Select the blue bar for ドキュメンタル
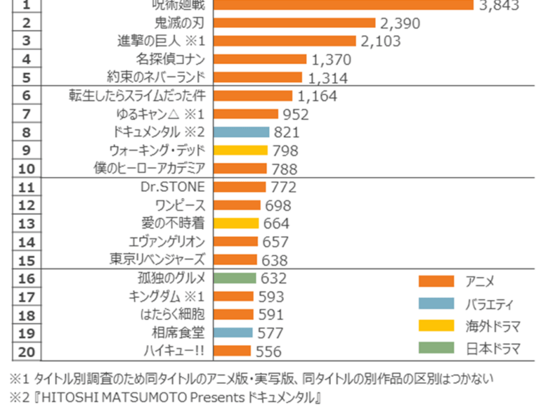tap(241, 132)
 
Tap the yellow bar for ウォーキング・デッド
tap(240, 150)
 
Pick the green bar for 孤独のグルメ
tap(235, 278)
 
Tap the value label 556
tap(268, 351)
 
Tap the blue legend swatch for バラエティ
tap(436, 303)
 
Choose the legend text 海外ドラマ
tap(492, 326)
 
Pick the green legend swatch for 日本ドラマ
tap(436, 348)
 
